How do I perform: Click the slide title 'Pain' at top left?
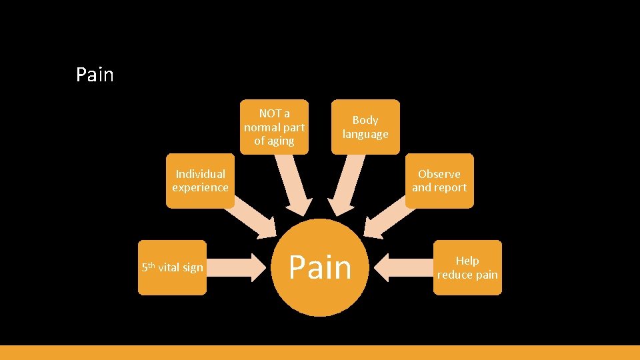[95, 75]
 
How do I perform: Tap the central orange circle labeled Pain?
[320, 267]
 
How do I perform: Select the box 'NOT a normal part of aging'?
[274, 127]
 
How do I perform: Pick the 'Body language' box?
[365, 127]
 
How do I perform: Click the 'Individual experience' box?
[200, 181]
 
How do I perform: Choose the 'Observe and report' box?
[439, 181]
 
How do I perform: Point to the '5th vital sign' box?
[172, 267]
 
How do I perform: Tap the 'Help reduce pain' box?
[467, 267]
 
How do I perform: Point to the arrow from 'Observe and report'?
[389, 217]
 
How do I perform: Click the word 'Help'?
[467, 261]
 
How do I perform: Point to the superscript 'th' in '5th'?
[152, 265]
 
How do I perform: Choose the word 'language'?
[365, 134]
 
